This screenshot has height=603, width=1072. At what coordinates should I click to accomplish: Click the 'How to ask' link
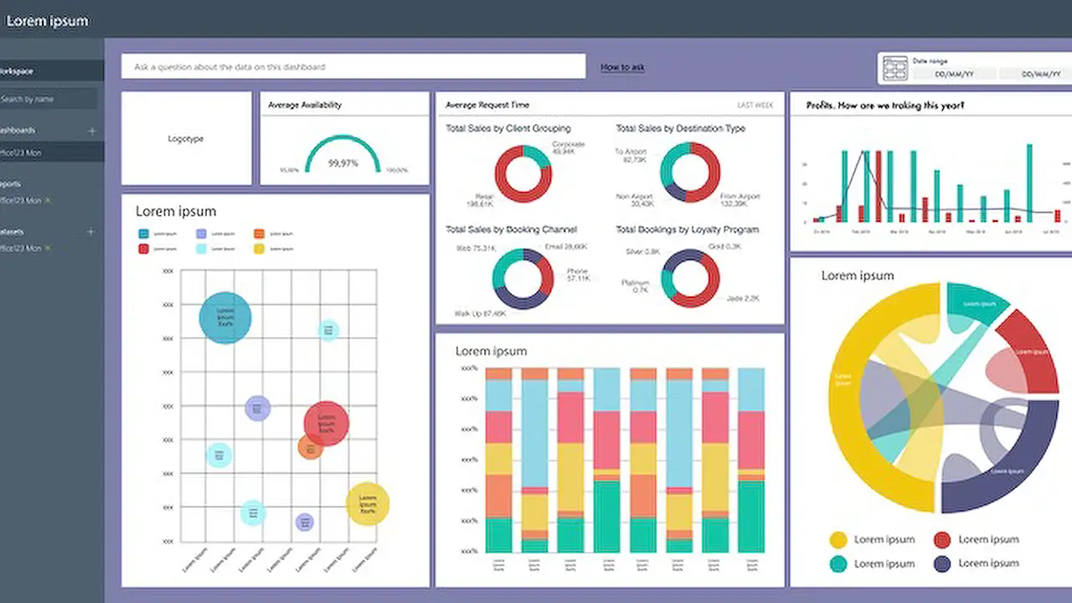click(622, 67)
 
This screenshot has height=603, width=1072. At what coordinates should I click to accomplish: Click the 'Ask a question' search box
click(353, 66)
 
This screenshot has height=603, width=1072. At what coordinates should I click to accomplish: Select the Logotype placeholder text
click(186, 139)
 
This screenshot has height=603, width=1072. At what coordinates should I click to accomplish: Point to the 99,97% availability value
click(343, 162)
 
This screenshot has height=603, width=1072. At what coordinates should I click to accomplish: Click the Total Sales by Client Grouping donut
click(523, 173)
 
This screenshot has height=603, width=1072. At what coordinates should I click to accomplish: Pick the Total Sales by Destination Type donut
click(690, 173)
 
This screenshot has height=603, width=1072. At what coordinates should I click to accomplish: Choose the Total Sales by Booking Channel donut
click(523, 279)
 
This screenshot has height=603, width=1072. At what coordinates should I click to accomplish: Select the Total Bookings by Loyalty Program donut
click(690, 278)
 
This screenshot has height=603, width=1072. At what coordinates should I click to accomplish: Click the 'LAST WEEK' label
click(755, 106)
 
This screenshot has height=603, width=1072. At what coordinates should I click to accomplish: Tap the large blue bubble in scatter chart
click(225, 317)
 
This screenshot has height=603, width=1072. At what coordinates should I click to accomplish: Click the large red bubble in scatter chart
click(326, 423)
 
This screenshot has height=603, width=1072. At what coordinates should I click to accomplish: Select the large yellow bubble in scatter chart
click(368, 503)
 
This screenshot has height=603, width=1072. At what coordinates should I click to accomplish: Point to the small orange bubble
click(311, 447)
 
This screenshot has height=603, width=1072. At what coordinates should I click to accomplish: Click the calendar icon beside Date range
click(895, 68)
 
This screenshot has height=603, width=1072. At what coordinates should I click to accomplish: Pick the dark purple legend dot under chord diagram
click(942, 564)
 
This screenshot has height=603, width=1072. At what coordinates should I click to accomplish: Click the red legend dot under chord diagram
click(942, 540)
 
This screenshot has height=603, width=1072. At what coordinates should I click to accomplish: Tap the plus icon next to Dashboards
click(92, 131)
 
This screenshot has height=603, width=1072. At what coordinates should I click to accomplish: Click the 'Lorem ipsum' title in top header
click(47, 21)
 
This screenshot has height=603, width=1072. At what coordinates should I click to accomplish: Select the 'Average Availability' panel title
click(305, 106)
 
